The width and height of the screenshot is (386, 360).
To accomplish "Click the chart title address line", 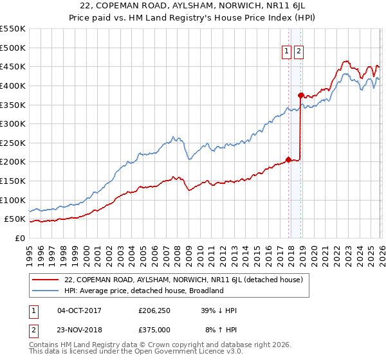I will [x=193, y=6].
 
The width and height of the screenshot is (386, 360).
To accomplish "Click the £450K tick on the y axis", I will [x=13, y=67].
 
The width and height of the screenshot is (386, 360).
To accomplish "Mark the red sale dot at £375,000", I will [x=300, y=95].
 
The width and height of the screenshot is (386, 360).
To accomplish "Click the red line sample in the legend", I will [x=46, y=280].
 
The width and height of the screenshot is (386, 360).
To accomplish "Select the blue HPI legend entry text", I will [x=143, y=291].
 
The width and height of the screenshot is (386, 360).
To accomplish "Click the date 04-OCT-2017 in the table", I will [x=79, y=310].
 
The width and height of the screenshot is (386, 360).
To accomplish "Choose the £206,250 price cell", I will [x=154, y=310].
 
